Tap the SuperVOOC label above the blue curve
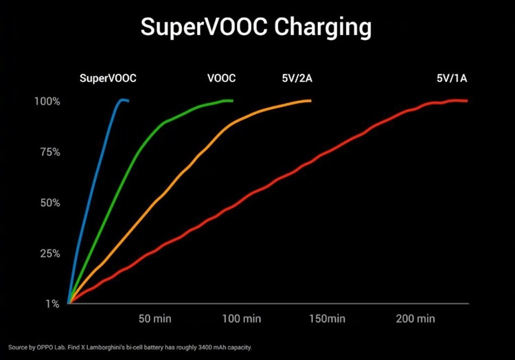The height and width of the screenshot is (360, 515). [x=108, y=78]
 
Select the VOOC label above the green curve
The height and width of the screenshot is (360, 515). [x=221, y=78]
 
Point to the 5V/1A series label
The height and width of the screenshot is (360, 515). [x=452, y=78]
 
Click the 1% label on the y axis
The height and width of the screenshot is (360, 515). [x=53, y=304]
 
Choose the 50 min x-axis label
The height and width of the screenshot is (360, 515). [x=154, y=319]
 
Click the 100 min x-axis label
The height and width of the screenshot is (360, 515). [x=242, y=319]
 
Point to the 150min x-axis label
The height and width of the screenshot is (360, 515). [x=328, y=319]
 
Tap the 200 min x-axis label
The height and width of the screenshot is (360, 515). [x=415, y=319]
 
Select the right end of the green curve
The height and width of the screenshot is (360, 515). [x=232, y=100]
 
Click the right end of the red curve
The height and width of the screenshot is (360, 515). [x=467, y=100]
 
